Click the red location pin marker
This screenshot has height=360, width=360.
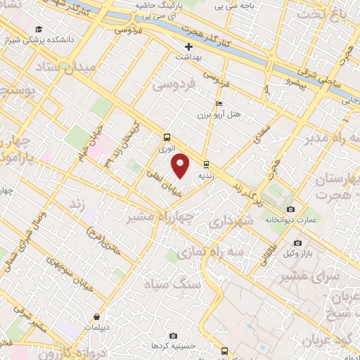181,166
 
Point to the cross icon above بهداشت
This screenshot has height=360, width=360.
188,46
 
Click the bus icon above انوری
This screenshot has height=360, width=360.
167,138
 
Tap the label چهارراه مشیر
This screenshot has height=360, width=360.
160,217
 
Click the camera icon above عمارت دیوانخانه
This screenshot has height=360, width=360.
291,209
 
